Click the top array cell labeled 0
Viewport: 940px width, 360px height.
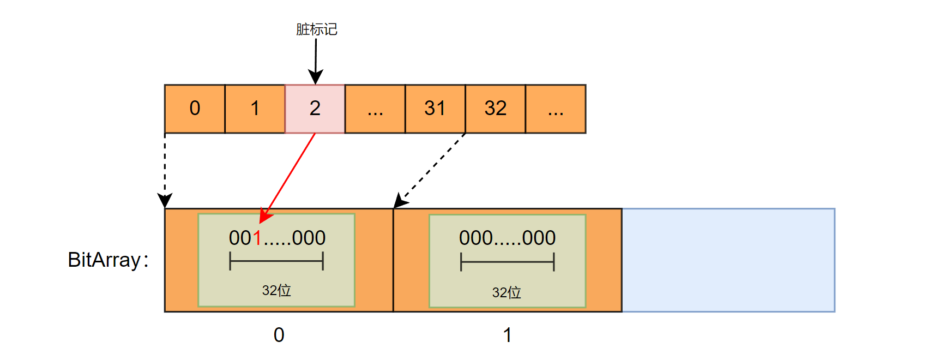195,109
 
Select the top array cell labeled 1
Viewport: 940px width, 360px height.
255,109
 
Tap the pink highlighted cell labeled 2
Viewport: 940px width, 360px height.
315,109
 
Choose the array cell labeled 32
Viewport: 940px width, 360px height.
495,109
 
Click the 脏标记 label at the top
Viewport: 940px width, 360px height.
316,29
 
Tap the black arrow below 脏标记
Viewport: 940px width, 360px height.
316,60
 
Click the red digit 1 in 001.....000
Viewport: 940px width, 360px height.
257,238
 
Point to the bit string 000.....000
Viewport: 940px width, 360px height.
507,238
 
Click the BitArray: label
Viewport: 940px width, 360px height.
108,260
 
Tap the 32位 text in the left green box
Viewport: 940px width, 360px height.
276,290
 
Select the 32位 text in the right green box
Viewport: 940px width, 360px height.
507,293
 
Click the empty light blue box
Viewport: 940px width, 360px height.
728,260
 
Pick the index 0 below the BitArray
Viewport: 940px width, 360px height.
279,335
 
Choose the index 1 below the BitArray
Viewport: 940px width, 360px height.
508,335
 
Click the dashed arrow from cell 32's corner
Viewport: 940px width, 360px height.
431,169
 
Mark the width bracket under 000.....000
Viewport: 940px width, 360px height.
507,262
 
